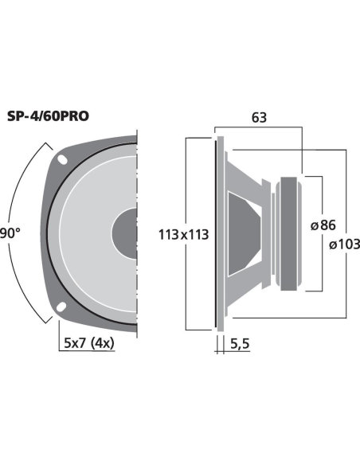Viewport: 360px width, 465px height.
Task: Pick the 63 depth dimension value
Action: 259,118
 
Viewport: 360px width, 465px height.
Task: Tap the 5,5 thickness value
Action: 240,344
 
